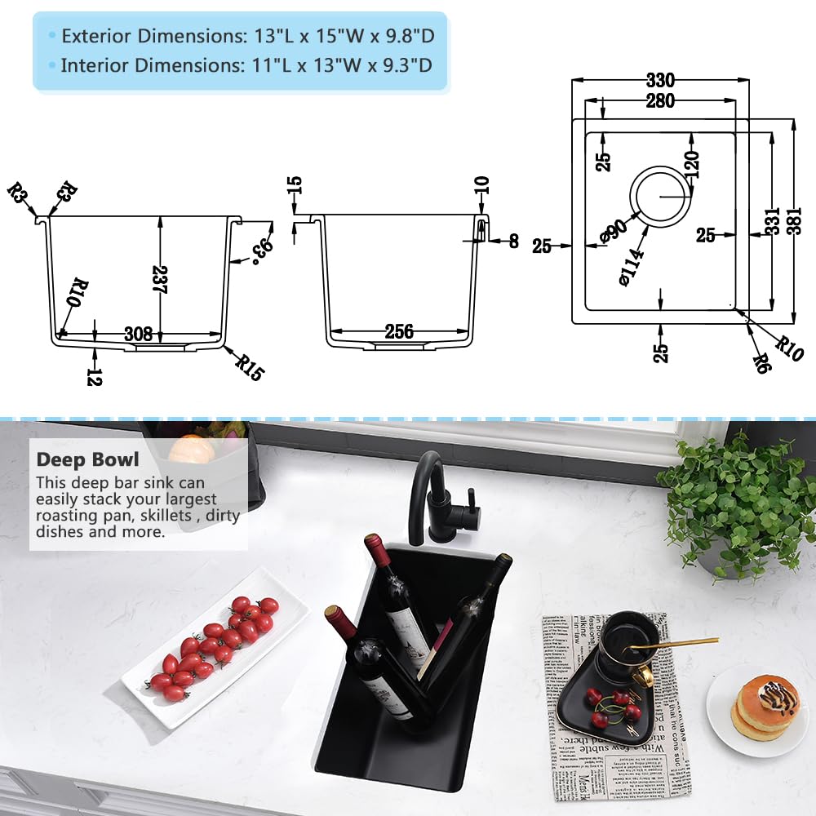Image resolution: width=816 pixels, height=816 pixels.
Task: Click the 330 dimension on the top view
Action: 660,80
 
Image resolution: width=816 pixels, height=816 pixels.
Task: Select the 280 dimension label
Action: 660,100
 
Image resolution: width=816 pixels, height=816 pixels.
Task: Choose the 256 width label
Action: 398,332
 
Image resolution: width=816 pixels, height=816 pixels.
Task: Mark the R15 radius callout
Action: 251,367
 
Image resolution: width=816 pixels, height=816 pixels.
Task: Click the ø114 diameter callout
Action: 632,264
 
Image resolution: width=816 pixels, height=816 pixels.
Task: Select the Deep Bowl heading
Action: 87,459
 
